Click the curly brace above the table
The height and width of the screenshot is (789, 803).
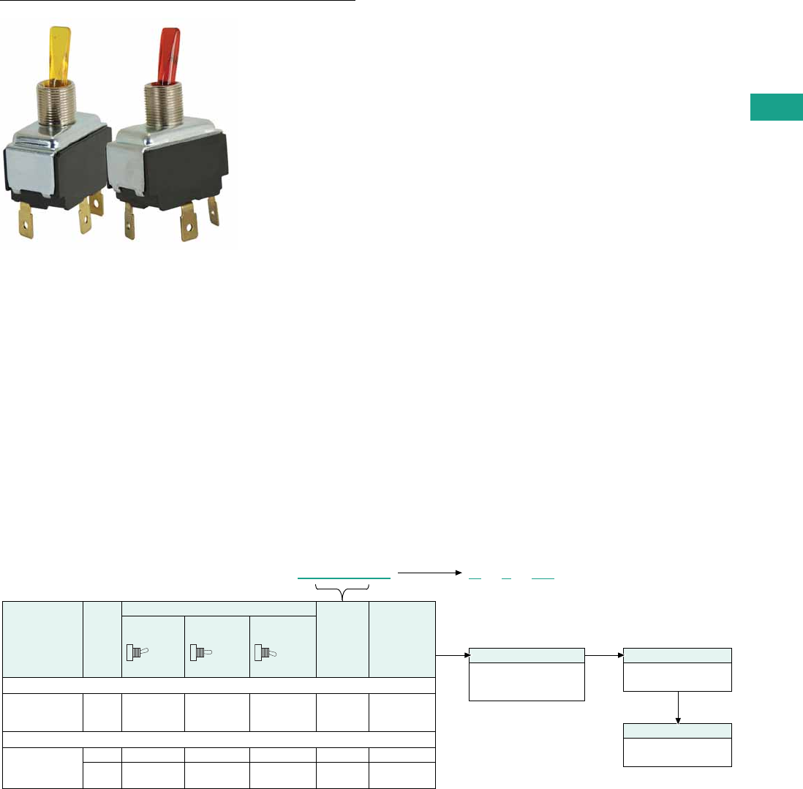click(x=343, y=589)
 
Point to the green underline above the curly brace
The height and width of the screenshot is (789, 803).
click(x=343, y=578)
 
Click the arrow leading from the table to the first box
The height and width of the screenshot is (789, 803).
click(x=452, y=655)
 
